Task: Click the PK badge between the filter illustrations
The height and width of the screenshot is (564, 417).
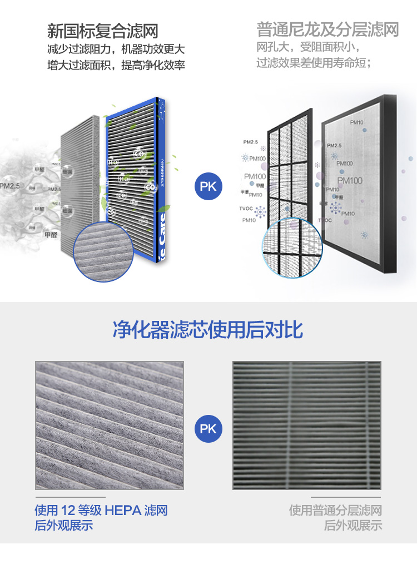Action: point(208,186)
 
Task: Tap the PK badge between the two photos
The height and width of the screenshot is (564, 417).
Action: point(208,429)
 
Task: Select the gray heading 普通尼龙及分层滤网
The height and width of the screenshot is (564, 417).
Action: point(327,29)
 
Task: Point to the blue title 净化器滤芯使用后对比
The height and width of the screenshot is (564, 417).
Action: point(208,330)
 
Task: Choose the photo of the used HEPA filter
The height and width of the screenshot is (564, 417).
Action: point(109,426)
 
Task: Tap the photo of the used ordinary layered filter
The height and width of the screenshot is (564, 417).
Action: point(306,426)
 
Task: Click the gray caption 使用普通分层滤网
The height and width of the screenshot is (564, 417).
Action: point(335,510)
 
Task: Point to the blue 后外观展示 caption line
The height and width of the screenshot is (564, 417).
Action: point(64,526)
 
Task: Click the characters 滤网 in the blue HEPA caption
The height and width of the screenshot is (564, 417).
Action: point(156,510)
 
